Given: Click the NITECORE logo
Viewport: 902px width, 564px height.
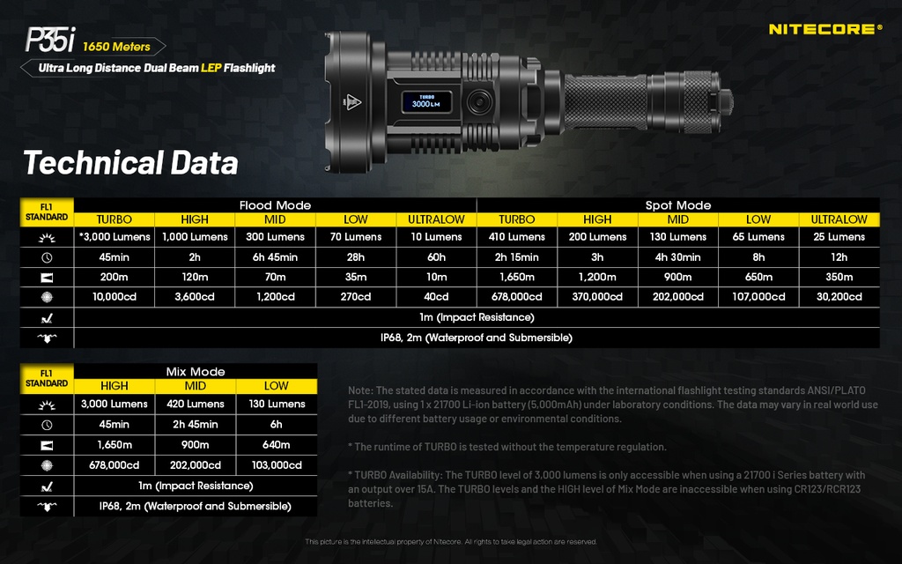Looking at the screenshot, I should point(824,29).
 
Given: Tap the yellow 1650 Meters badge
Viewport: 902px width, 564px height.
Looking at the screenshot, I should point(118,47).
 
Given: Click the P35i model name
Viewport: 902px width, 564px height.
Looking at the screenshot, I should point(49,41).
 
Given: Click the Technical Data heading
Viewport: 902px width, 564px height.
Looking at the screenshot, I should point(130,163).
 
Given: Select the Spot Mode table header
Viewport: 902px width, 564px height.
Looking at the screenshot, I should point(677,205).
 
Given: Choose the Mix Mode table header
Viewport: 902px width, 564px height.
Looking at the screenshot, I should point(195,372).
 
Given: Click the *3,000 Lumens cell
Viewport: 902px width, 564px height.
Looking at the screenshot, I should point(114,237).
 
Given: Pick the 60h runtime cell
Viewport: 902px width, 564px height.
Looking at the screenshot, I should point(436,257).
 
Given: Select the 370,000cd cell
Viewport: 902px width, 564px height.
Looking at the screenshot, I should point(596,297).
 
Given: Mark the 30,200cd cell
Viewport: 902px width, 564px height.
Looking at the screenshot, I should point(839,297).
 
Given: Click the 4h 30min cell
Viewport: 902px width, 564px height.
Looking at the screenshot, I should point(677,257).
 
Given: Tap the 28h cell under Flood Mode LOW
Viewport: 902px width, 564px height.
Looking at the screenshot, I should point(356,257).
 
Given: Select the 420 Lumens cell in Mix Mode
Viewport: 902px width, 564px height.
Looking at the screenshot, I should point(195,404).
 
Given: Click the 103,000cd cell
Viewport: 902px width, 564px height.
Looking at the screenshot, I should point(276,465).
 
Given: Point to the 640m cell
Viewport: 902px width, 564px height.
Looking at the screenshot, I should point(276,445).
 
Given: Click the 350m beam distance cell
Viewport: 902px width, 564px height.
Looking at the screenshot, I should point(839,277).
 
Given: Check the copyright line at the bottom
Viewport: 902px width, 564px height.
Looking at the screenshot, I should point(451,541).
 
